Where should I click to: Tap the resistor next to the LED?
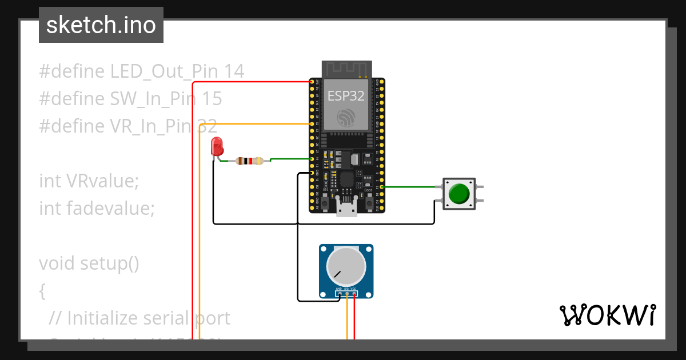(x=249, y=161)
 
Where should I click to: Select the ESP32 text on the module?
(x=346, y=95)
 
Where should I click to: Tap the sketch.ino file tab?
(x=101, y=25)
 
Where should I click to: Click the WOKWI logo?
(x=607, y=315)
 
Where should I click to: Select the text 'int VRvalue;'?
(x=89, y=181)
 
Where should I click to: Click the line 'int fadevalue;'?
(x=97, y=209)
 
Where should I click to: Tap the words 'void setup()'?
(x=89, y=263)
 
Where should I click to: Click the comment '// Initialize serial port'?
(x=139, y=318)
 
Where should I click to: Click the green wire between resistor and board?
(x=289, y=159)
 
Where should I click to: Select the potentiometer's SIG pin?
(x=346, y=294)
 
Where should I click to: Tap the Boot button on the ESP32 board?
(x=369, y=202)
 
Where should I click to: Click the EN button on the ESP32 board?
(x=325, y=202)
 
